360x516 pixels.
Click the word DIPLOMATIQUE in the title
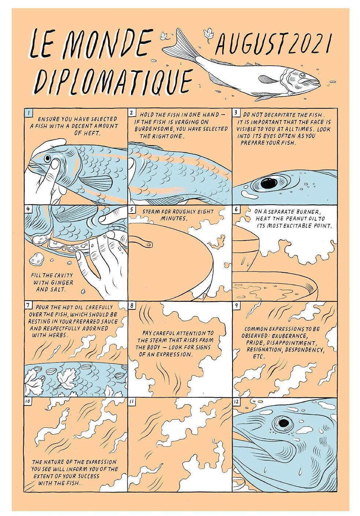click(112, 81)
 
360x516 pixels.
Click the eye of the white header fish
click(302, 75)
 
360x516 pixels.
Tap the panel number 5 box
click(131, 209)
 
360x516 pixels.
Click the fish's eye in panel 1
click(48, 158)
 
